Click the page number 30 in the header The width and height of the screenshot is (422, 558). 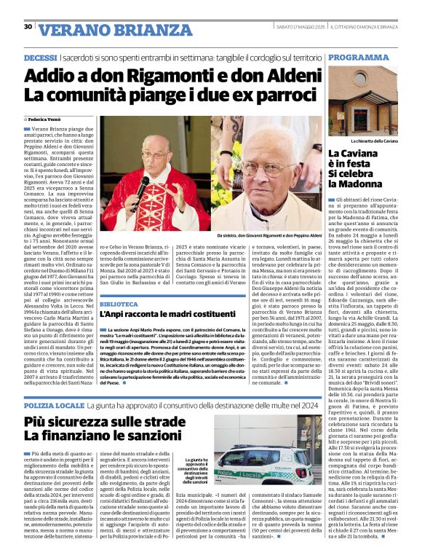pos(28,27)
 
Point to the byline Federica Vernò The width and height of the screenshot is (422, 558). pos(46,118)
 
